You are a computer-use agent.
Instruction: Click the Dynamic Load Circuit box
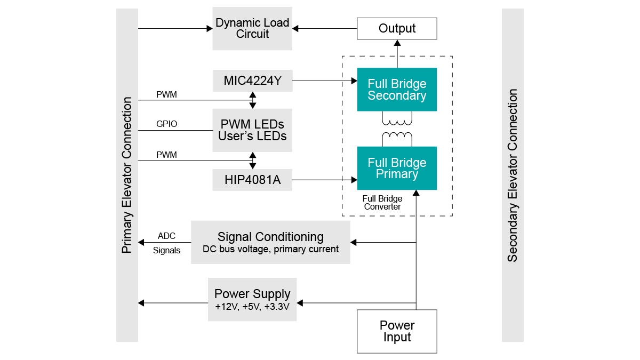(x=252, y=28)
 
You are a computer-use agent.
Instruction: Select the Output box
(x=397, y=28)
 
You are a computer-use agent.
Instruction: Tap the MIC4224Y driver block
(x=252, y=81)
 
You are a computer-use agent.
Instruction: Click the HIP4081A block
(x=252, y=180)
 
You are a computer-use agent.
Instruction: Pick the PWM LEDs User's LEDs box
(x=252, y=130)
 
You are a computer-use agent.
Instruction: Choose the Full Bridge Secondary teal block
(x=397, y=90)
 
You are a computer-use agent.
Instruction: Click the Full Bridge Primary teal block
(x=397, y=168)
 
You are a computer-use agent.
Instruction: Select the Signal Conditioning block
(x=270, y=242)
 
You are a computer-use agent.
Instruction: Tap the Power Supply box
(x=252, y=299)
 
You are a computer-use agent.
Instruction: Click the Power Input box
(x=397, y=331)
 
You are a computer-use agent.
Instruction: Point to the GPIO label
(x=166, y=124)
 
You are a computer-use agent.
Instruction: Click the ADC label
(x=166, y=236)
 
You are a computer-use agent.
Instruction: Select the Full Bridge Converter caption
(x=382, y=203)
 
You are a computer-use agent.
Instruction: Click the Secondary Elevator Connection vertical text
(x=513, y=175)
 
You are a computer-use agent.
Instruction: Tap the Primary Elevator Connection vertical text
(x=127, y=175)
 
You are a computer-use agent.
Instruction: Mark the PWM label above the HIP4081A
(x=166, y=155)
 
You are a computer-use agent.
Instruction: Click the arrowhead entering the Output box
(x=397, y=43)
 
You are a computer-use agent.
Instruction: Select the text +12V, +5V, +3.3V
(x=252, y=308)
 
